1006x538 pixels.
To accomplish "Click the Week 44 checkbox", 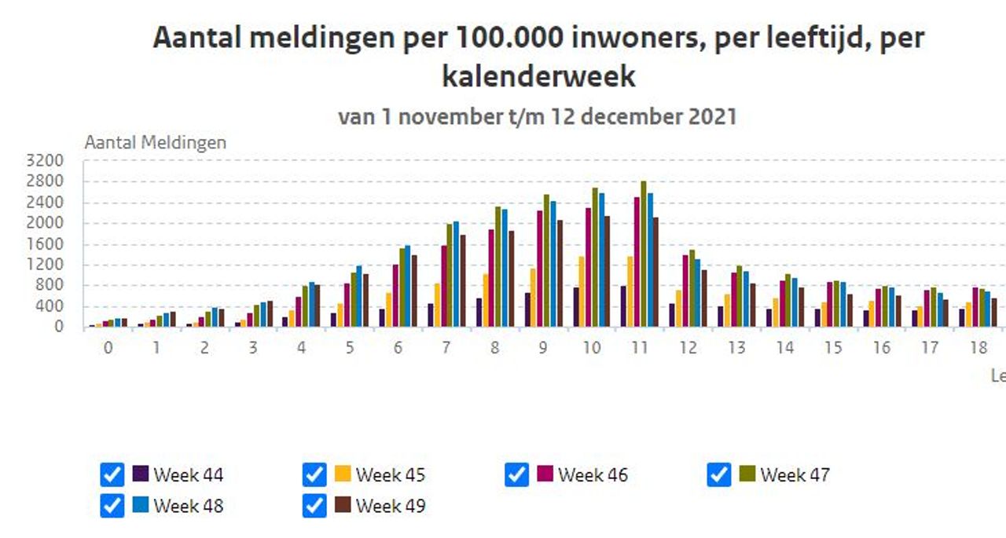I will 112,474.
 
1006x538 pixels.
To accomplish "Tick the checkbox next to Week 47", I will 719,474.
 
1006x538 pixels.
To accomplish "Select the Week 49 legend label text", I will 390,506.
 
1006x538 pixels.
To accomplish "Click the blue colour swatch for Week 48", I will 141,505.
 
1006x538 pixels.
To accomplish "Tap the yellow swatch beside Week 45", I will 343,474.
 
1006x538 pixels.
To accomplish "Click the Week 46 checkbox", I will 516,474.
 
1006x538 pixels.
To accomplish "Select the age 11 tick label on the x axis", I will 640,348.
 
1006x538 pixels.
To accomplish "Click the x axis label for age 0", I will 108,348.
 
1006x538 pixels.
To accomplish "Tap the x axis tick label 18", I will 978,348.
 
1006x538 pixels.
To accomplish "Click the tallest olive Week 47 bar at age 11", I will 643,255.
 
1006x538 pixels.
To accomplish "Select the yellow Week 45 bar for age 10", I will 582,292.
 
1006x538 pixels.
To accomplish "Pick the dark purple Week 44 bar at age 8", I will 479,313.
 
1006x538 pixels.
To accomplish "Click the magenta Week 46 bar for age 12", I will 685,291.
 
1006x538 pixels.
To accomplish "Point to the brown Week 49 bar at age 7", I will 463,281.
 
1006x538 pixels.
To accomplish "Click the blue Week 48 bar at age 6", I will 407,287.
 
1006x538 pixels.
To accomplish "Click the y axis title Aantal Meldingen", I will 155,142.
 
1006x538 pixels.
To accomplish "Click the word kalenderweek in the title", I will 538,77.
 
